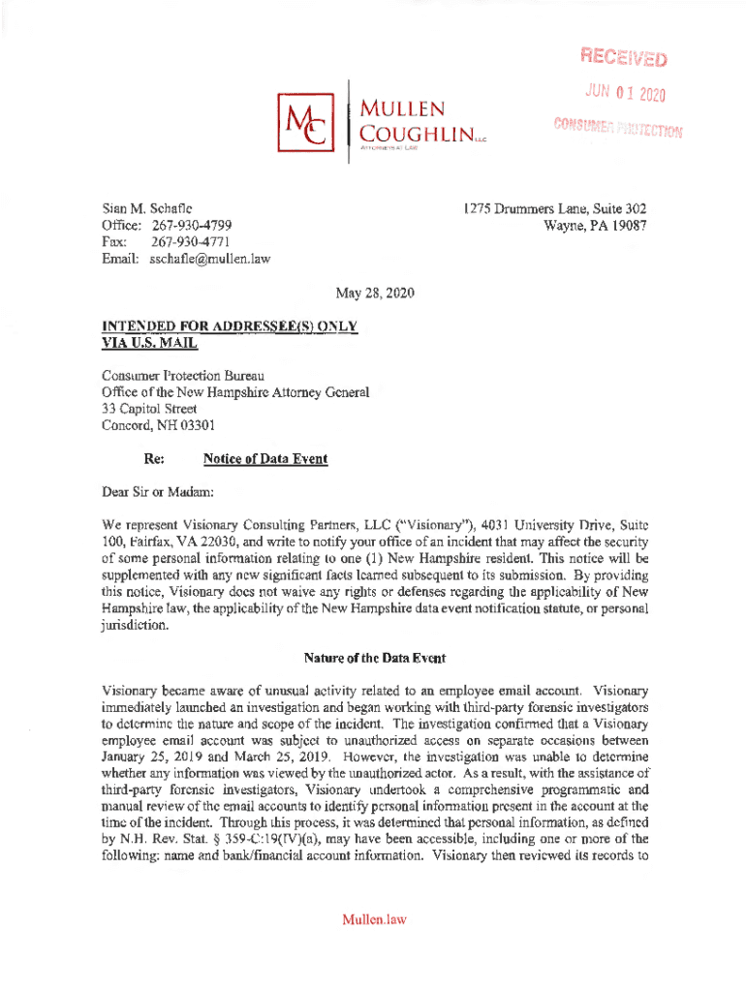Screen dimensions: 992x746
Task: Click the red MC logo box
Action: pos(300,119)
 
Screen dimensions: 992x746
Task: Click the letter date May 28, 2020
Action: pos(373,293)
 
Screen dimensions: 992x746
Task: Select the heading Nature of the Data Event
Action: pos(374,659)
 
